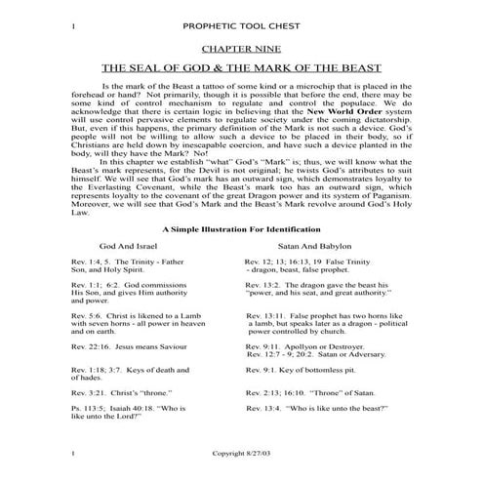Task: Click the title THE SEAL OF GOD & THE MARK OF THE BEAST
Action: (x=241, y=69)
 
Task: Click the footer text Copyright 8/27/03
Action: (x=241, y=456)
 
